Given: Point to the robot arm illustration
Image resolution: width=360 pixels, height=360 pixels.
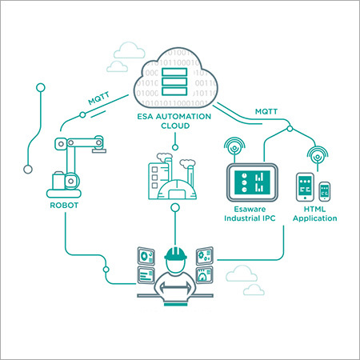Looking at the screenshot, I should pos(75,165).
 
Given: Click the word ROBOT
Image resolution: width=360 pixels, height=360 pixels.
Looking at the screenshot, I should pos(65,205).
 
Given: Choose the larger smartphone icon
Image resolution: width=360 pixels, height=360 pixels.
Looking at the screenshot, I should pos(306,189).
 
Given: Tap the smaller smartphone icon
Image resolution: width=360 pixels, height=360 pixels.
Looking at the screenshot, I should pos(324,193).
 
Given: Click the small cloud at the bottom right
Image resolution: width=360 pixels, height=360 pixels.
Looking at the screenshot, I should pos(252,289).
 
